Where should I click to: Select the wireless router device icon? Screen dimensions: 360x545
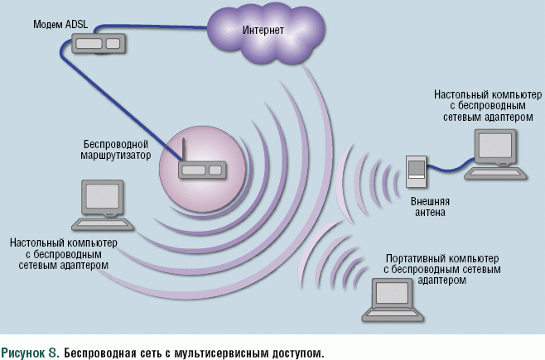(x=202, y=169)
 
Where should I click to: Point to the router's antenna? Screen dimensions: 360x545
(x=182, y=151)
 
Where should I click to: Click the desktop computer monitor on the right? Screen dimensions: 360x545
(x=494, y=148)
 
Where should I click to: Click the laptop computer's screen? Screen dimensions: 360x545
(x=393, y=293)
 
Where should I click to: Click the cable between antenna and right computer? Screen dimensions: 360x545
(x=451, y=170)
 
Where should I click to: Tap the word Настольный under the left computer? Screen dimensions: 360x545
(x=38, y=243)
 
